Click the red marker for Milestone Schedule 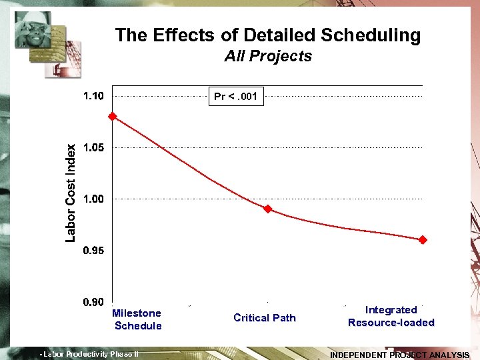point(113,116)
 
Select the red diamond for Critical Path point(268,209)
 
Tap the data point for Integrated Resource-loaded point(423,239)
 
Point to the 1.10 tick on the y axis point(93,96)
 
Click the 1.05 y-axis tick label point(93,147)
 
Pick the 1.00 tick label point(93,199)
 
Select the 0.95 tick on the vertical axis point(93,251)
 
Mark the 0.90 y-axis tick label point(93,302)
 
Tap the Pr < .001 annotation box point(235,97)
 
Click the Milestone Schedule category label point(137,319)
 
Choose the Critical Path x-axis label point(265,318)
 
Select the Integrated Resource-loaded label point(391,316)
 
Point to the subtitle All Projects point(268,56)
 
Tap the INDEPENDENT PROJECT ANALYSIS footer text point(399,355)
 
